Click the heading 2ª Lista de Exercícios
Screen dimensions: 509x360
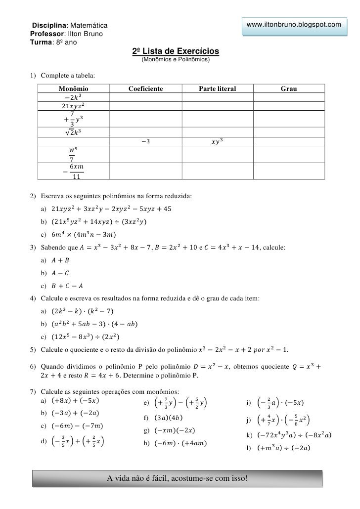pyautogui.click(x=176, y=51)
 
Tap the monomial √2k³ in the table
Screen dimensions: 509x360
pyautogui.click(x=73, y=132)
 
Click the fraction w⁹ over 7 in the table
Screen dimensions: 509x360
pyautogui.click(x=73, y=154)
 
